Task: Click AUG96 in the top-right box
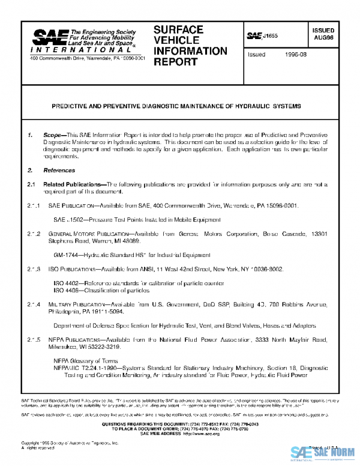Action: [x=323, y=37]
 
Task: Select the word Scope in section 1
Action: [x=53, y=136]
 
